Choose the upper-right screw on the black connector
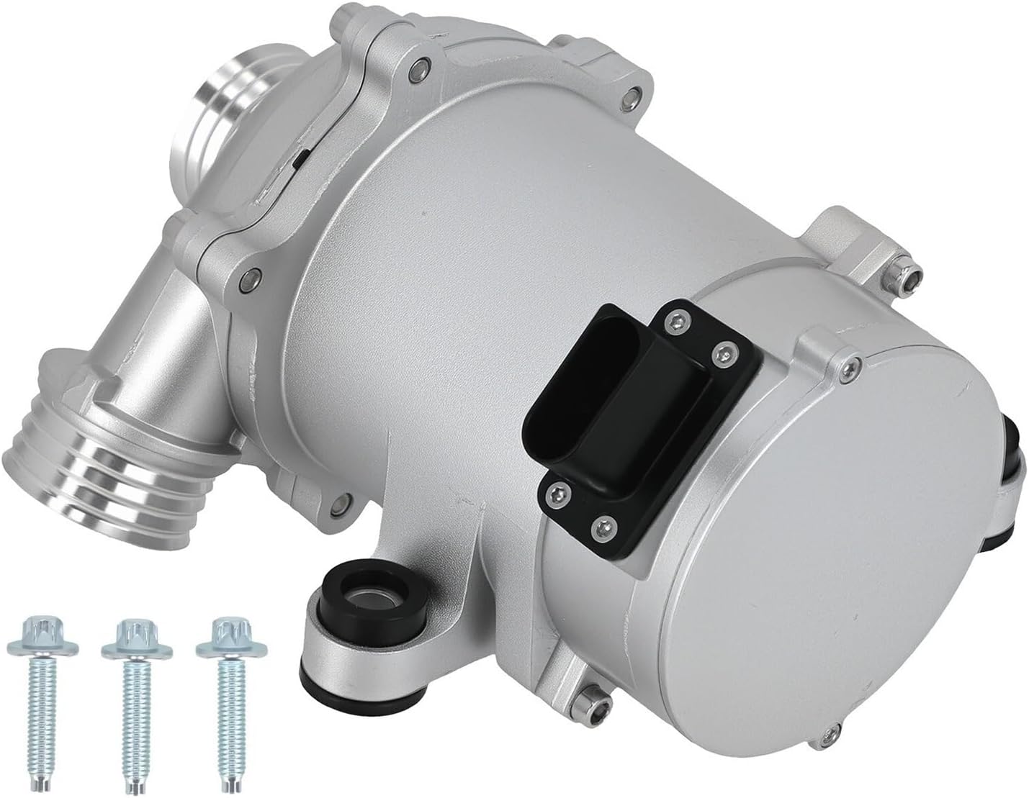(722, 353)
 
